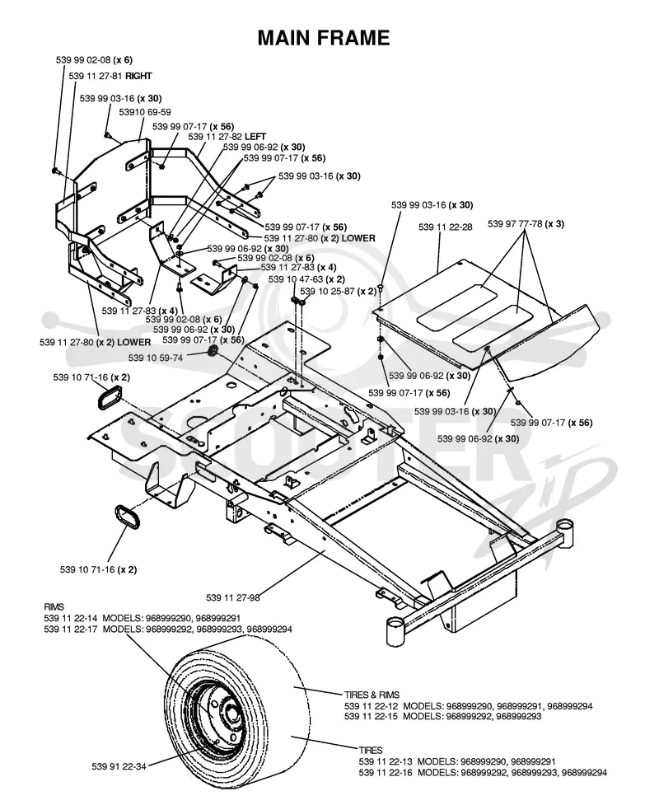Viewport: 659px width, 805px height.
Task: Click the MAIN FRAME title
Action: click(324, 38)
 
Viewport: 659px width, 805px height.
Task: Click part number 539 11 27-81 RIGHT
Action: click(110, 76)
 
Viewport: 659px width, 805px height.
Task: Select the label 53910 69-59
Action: click(145, 112)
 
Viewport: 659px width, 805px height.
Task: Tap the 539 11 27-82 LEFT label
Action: click(227, 137)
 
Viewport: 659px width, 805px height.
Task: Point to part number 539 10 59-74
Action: click(156, 358)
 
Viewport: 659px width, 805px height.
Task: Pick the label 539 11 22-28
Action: click(446, 227)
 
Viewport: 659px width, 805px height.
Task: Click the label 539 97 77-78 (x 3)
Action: click(526, 224)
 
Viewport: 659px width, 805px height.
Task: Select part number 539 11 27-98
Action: click(233, 597)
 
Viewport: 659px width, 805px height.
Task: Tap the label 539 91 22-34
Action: click(119, 766)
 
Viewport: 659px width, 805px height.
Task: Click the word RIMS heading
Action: click(54, 607)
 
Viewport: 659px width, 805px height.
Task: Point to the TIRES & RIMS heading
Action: click(372, 695)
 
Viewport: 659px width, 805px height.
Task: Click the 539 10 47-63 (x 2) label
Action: click(306, 279)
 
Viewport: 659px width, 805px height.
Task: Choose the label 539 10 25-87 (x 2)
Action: click(339, 291)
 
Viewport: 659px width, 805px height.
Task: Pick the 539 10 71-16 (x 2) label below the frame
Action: click(99, 569)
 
